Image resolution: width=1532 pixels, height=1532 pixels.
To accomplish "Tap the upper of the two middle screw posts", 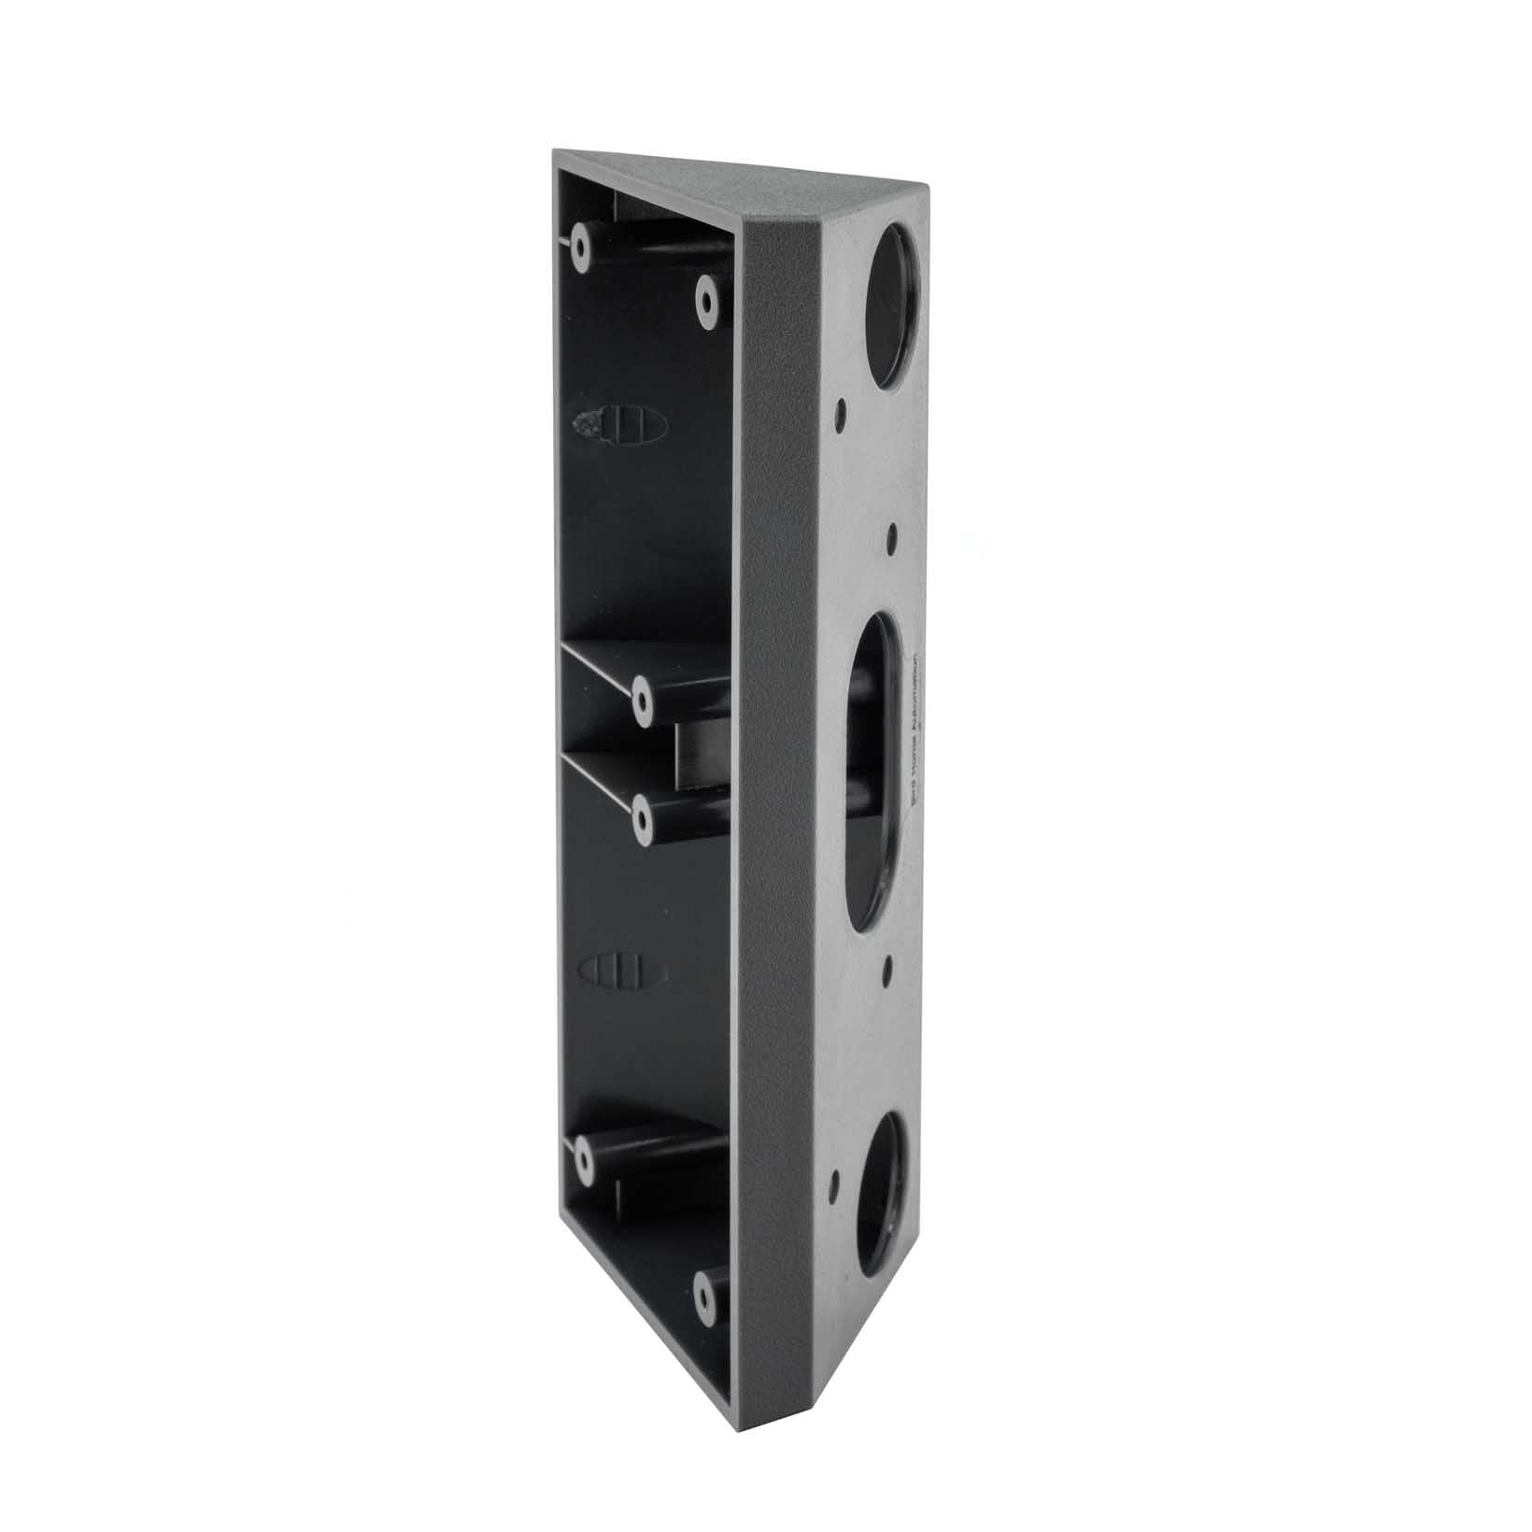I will click(643, 699).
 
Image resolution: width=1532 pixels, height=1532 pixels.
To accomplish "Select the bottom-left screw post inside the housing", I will click(583, 1158).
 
